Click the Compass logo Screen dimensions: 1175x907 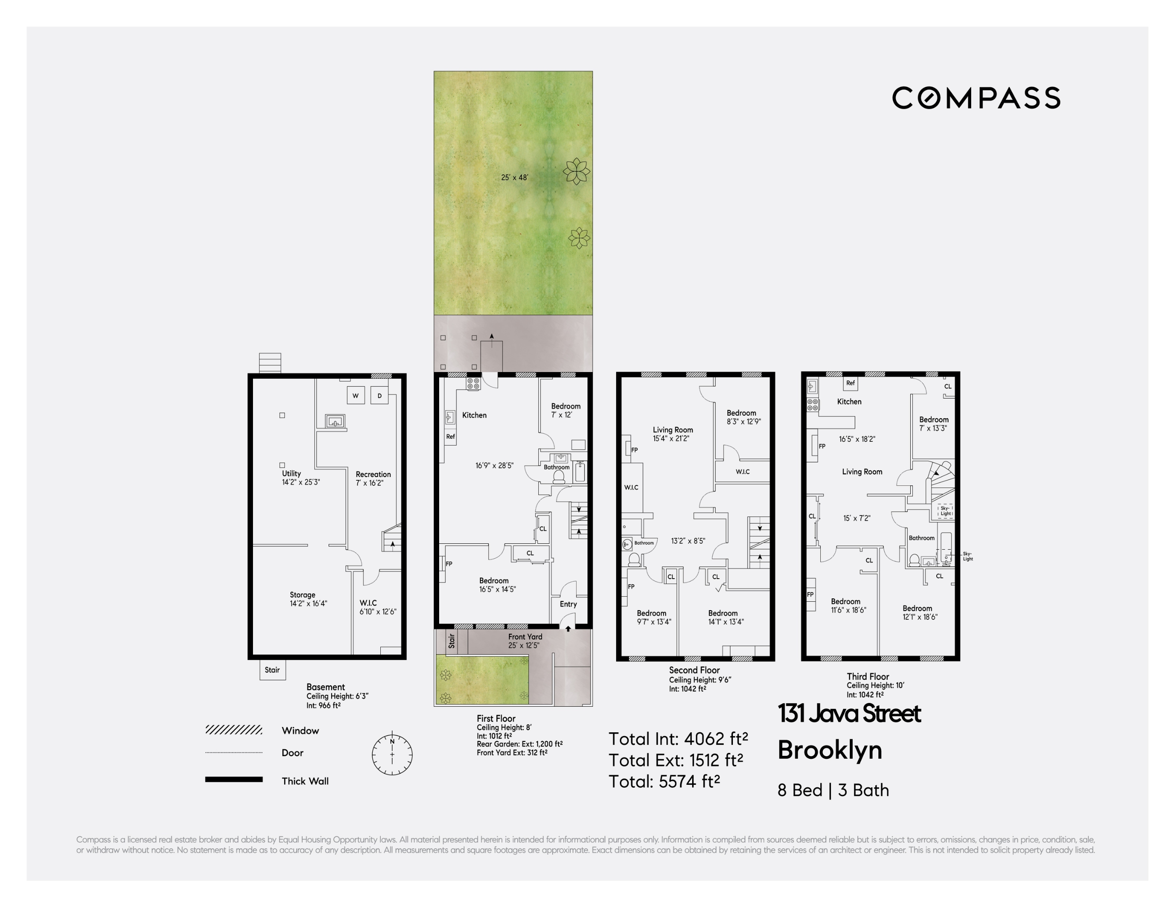click(x=976, y=98)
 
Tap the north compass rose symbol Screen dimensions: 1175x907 click(x=392, y=754)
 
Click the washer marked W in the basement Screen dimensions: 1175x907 click(x=356, y=395)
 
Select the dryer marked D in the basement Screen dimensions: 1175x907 click(x=379, y=395)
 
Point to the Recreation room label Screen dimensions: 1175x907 click(x=373, y=479)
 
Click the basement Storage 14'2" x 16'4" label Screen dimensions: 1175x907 click(x=308, y=599)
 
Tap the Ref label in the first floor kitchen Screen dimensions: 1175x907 click(x=451, y=437)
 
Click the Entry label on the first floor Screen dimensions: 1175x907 click(x=568, y=604)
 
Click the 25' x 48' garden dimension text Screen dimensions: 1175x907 click(x=514, y=178)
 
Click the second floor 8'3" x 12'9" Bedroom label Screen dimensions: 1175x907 click(x=743, y=417)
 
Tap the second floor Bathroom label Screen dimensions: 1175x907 click(x=644, y=543)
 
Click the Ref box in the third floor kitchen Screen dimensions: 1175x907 click(x=850, y=383)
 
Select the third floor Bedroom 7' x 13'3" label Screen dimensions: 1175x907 click(x=933, y=424)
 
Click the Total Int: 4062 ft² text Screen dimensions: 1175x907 click(x=678, y=739)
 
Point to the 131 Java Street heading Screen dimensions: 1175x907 click(x=849, y=713)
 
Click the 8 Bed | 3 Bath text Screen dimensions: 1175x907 click(x=833, y=790)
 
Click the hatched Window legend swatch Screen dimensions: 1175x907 click(x=234, y=729)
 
